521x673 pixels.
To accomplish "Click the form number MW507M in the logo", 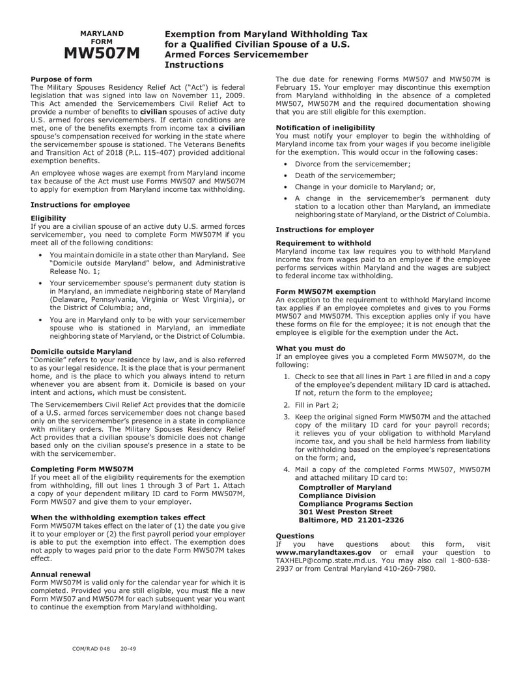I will click(101, 54).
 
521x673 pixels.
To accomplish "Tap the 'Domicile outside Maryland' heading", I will click(81, 352).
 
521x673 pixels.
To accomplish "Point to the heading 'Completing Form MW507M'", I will click(82, 469).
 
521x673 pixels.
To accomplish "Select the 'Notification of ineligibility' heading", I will click(325, 127).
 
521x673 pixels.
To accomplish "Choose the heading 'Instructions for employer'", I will click(325, 230).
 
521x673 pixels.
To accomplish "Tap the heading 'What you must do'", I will click(311, 348).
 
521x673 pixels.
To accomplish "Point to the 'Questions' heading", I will click(295, 536).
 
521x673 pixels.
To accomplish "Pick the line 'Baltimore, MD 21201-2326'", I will click(351, 520).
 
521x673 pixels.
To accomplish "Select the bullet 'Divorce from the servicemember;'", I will click(352, 164).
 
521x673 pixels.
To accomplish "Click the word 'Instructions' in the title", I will click(194, 65).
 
